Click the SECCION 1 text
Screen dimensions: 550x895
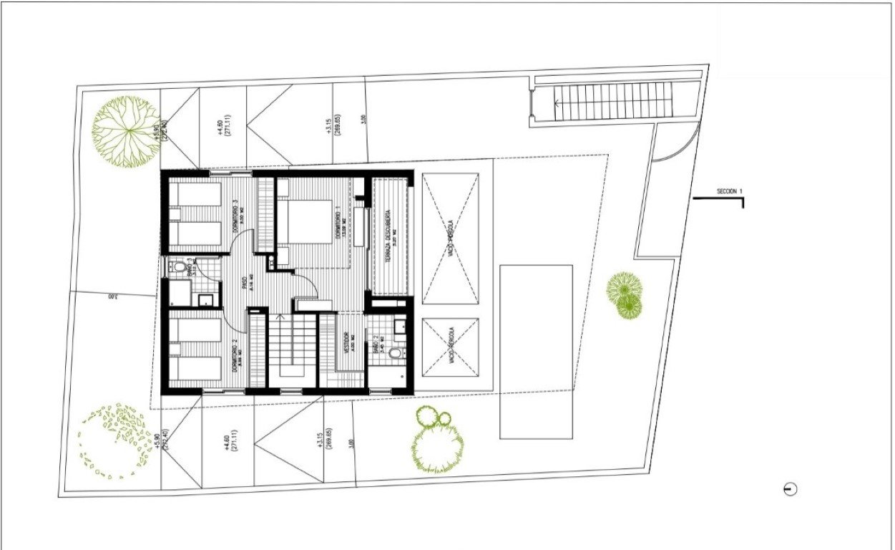point(730,191)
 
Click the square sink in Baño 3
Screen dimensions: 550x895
point(206,301)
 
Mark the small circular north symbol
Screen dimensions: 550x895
point(790,489)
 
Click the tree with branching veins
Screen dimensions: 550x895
point(127,132)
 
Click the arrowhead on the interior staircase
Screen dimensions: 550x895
point(280,315)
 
